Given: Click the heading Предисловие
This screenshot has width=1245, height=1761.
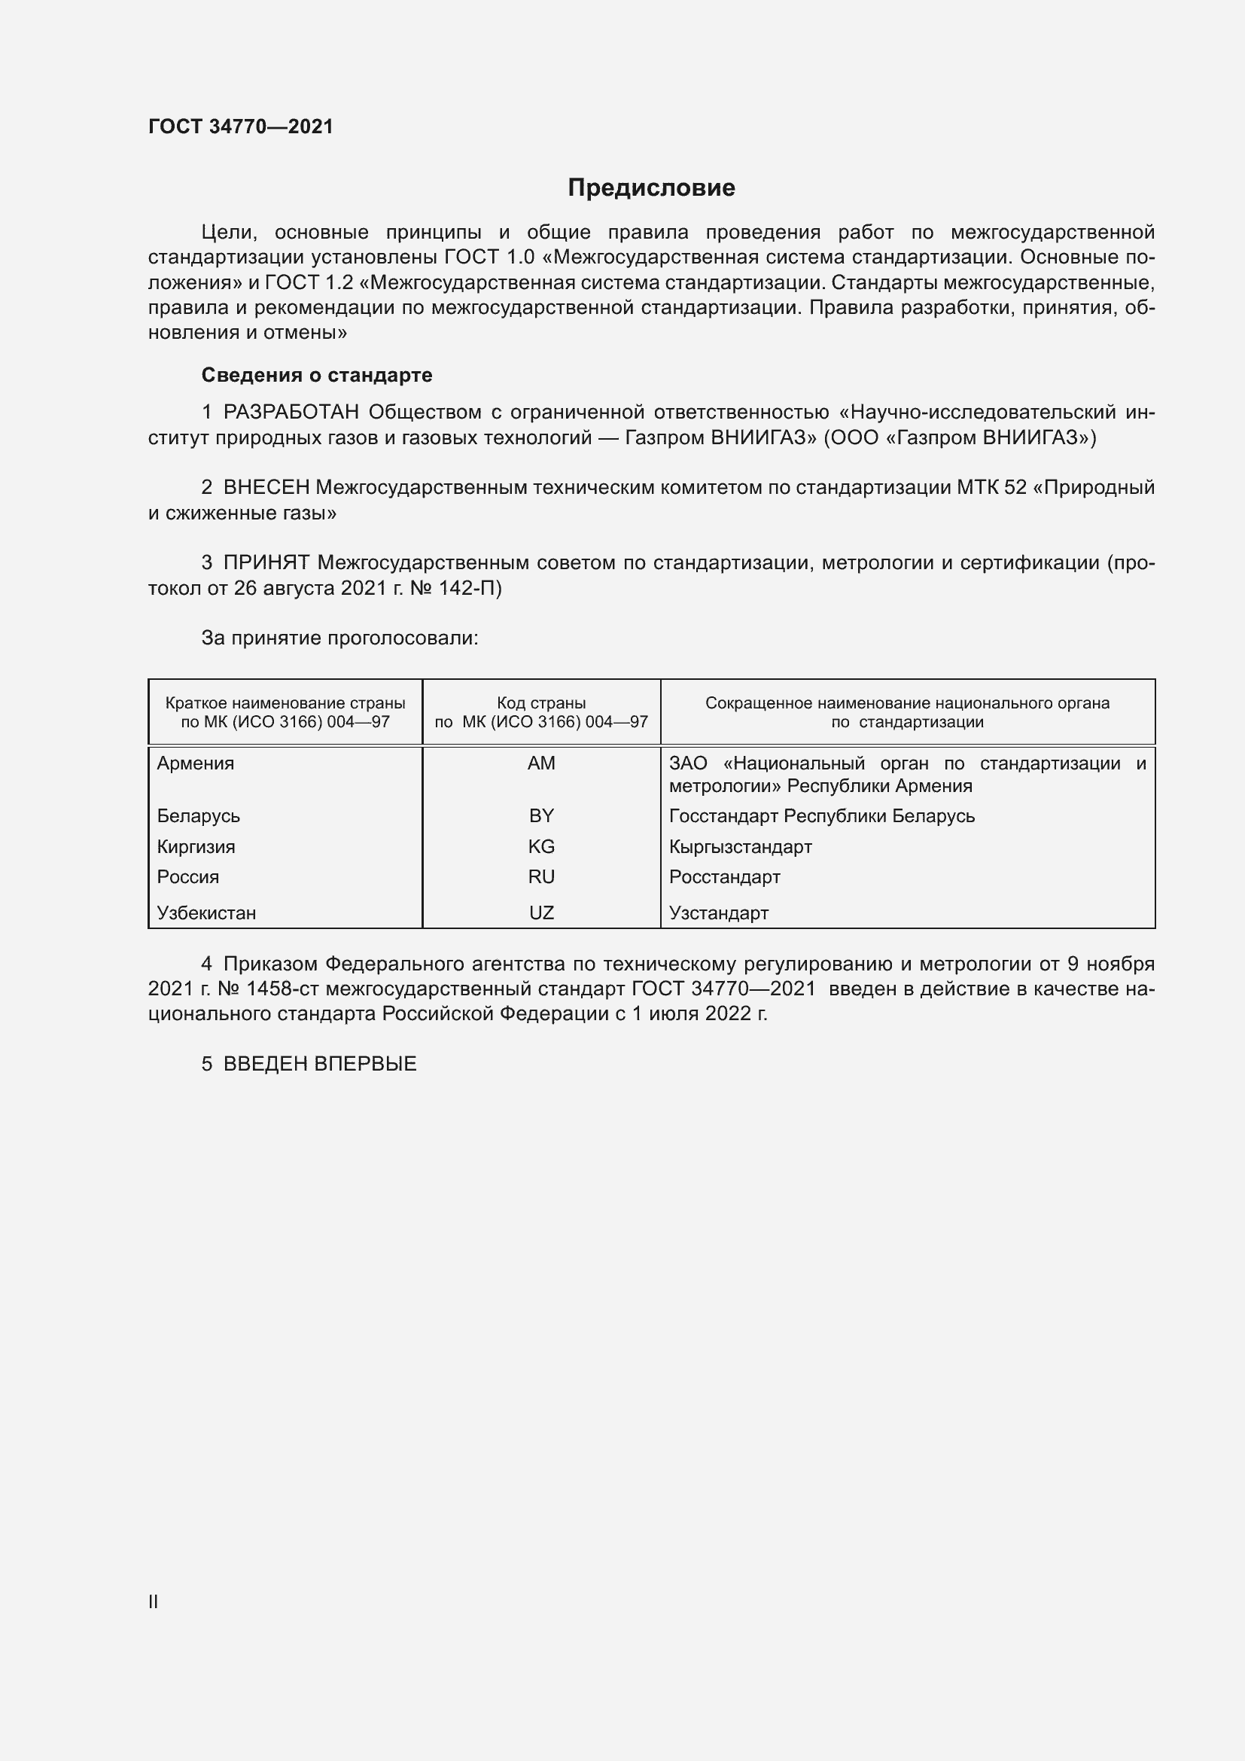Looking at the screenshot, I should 651,188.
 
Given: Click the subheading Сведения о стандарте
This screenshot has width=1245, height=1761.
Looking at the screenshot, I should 317,375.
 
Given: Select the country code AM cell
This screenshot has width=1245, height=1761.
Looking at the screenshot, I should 541,763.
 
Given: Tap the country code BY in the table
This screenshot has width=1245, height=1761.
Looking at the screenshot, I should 541,816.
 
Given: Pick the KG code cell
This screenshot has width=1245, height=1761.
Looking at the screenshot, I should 541,847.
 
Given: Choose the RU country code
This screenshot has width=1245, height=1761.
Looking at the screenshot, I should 541,876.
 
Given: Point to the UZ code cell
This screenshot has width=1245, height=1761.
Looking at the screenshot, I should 541,912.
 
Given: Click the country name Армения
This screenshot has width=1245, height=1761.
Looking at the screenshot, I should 196,763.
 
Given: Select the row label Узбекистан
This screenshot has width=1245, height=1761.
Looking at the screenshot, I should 206,912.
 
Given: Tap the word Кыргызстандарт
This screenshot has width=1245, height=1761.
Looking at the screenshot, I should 740,847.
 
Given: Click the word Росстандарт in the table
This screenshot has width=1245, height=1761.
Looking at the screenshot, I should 724,876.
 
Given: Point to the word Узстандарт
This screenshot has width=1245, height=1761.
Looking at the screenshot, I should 718,912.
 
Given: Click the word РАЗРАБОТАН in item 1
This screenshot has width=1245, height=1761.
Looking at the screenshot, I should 291,413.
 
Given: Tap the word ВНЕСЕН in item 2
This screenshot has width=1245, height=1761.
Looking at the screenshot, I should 266,488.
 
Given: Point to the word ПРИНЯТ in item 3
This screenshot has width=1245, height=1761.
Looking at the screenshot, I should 266,563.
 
